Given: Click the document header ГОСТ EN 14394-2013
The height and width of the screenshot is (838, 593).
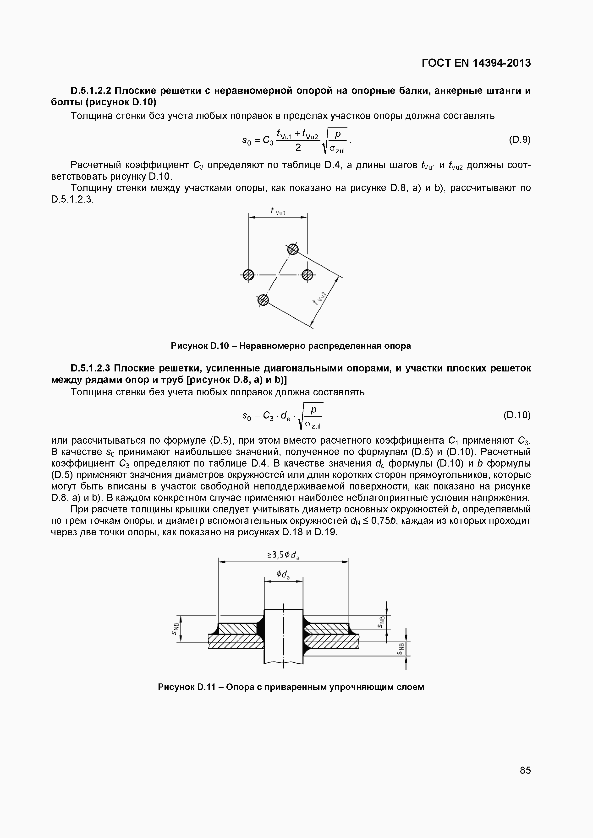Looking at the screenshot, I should coord(476,63).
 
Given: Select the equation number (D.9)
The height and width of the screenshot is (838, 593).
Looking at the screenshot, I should coord(519,140).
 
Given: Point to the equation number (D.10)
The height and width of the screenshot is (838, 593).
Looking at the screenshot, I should coord(517,415).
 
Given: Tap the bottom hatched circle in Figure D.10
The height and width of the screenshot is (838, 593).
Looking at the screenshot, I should coord(263,300).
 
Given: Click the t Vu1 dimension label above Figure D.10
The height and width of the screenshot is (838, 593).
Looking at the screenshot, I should coord(278,212).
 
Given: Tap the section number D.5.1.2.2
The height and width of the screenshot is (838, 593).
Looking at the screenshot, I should coord(92,91).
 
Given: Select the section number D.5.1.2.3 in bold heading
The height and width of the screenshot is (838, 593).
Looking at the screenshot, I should coord(92,368).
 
